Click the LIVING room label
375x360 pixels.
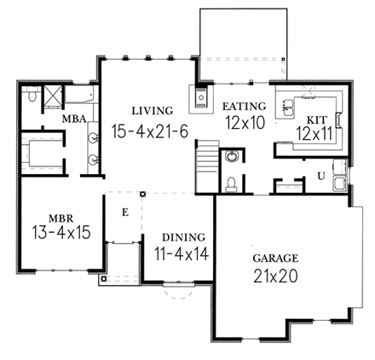153,110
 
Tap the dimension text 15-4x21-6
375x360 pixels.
150,130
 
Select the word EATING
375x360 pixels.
245,106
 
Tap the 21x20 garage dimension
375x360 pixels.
273,276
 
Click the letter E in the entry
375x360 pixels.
124,212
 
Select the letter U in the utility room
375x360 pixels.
320,175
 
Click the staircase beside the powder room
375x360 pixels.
205,160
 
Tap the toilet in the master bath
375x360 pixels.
31,98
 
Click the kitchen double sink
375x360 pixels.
290,107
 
